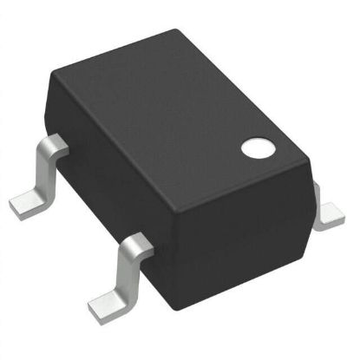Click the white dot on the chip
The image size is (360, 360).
pos(256,147)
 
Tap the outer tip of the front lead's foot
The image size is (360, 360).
pos(91,305)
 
